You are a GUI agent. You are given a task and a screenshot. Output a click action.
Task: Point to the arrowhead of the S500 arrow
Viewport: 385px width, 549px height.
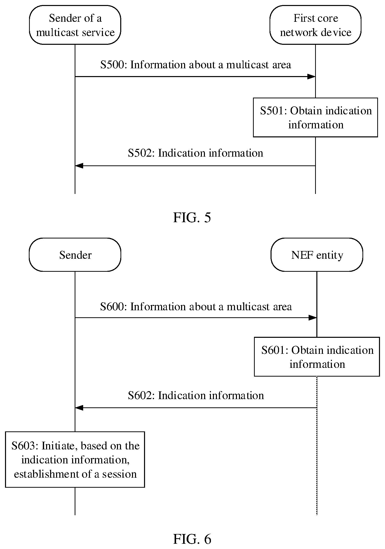pos(311,77)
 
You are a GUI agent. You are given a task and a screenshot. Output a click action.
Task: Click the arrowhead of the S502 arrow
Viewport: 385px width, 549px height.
pos(79,166)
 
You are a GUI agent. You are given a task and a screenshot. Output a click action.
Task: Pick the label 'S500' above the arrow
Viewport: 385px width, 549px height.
pos(112,65)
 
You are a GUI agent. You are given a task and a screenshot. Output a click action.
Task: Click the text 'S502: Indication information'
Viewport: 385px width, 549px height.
pos(195,153)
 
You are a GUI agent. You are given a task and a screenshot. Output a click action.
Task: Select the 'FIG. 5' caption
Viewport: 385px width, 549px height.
pos(192,217)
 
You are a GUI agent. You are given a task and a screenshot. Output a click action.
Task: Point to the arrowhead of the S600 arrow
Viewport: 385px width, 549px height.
pos(313,318)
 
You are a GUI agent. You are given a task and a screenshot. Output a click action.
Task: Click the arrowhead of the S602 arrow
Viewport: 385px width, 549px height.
pos(79,408)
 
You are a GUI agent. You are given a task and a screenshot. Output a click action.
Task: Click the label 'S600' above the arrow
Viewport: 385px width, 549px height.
pos(112,307)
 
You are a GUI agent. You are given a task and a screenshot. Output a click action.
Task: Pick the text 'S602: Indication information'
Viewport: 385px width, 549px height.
pos(196,395)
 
